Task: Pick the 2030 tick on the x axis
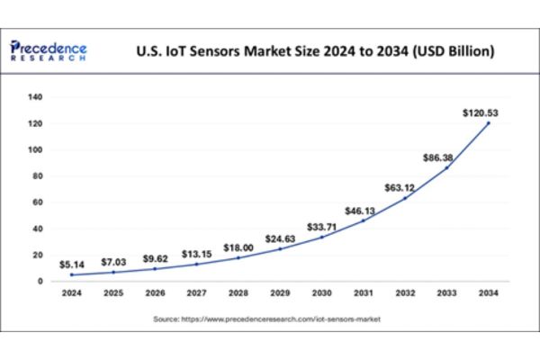coord(319,293)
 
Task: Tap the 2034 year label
coord(487,293)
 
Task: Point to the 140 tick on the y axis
coord(36,96)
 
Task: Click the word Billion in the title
coord(463,52)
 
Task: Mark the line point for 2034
coord(487,122)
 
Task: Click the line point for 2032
coord(403,197)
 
